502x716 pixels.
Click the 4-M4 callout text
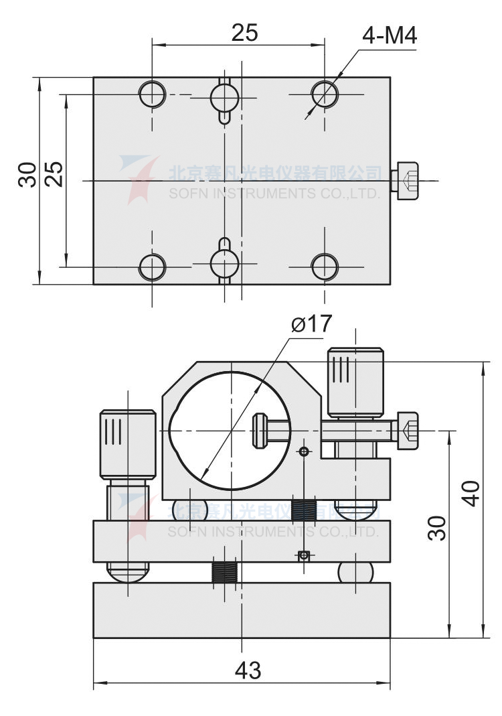[390, 35]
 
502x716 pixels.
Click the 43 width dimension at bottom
[247, 670]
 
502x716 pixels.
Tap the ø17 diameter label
[312, 324]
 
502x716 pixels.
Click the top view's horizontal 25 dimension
[245, 32]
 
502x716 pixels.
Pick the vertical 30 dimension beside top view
[27, 175]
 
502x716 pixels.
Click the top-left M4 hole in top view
[152, 94]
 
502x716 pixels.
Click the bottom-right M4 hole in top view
[324, 267]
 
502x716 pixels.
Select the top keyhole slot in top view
[224, 98]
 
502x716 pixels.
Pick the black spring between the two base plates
[224, 573]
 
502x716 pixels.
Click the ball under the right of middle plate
[355, 572]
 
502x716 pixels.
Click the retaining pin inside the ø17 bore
[261, 431]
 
